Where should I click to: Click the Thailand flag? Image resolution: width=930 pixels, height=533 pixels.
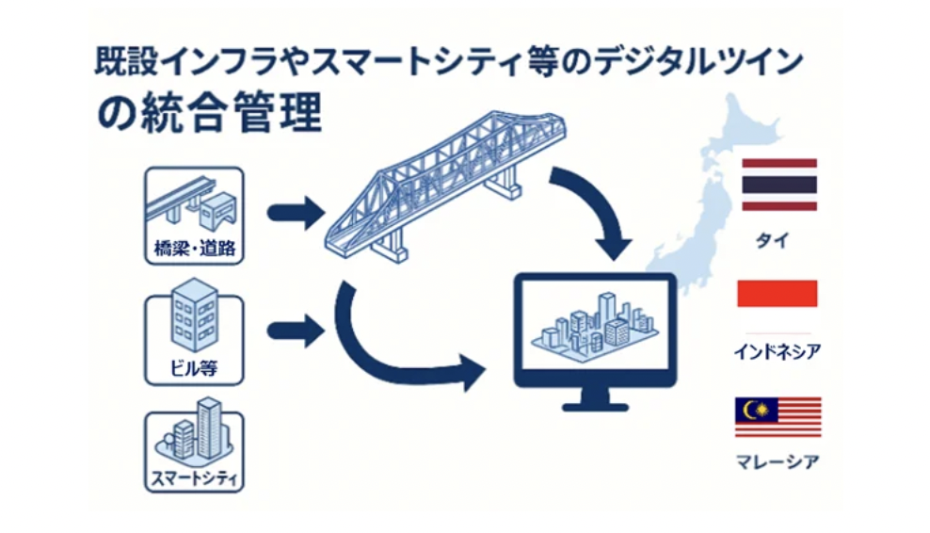pos(778,185)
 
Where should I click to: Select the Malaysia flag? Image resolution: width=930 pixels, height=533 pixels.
pos(778,417)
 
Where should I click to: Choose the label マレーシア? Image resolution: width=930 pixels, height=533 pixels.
pos(777,462)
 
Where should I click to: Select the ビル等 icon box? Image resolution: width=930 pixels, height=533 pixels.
pos(195,338)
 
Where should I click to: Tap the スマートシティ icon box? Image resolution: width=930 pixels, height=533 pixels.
pos(195,452)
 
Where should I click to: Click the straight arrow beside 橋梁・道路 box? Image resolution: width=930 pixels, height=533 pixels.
pos(294,212)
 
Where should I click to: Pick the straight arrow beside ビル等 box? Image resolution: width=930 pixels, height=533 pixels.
pos(294,331)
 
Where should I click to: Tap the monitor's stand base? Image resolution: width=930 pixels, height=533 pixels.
pos(595,404)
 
